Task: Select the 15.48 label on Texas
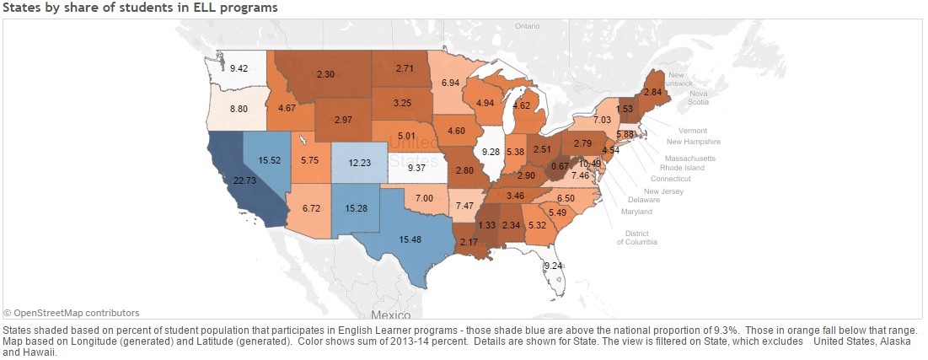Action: click(410, 240)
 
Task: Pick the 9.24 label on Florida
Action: click(553, 266)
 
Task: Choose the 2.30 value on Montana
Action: click(325, 74)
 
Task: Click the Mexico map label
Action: click(389, 314)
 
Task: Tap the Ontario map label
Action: click(527, 26)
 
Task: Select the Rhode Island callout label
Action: click(684, 167)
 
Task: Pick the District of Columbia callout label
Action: click(636, 237)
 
